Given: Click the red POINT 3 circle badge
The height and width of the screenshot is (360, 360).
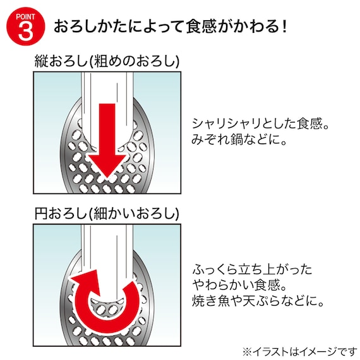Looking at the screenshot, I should pyautogui.click(x=25, y=27).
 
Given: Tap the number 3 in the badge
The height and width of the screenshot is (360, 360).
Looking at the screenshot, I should pyautogui.click(x=25, y=32).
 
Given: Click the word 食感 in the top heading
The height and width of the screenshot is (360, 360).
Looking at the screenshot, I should pyautogui.click(x=201, y=27).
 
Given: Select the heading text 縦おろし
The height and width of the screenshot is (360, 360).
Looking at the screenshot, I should pyautogui.click(x=63, y=61).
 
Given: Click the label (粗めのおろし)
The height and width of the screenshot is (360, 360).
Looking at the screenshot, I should pyautogui.click(x=135, y=61).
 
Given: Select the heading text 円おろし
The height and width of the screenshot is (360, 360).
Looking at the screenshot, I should pyautogui.click(x=63, y=212).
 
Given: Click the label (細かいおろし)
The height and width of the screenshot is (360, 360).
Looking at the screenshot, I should pyautogui.click(x=135, y=212).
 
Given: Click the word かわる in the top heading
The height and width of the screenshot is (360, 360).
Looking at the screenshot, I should pyautogui.click(x=256, y=27).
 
